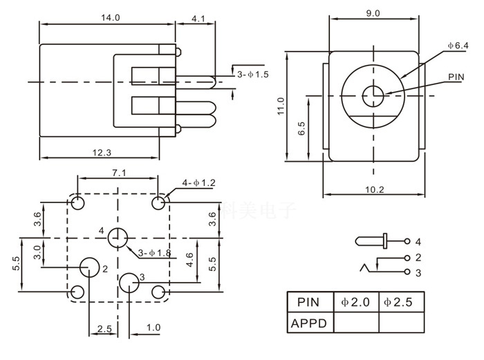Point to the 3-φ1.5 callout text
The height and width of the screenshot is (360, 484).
click(x=253, y=74)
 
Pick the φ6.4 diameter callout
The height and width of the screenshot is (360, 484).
click(x=458, y=46)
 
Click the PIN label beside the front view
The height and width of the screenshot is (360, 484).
click(x=456, y=77)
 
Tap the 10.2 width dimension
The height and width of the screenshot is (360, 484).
click(x=374, y=190)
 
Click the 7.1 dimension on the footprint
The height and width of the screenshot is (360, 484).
click(x=118, y=173)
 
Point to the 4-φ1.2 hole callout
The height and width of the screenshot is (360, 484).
click(x=199, y=183)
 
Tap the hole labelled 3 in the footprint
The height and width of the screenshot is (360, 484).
click(x=129, y=283)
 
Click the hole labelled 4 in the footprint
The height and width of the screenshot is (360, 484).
click(x=118, y=238)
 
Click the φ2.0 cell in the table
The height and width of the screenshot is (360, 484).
click(x=356, y=302)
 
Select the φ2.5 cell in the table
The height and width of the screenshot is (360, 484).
click(x=402, y=302)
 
